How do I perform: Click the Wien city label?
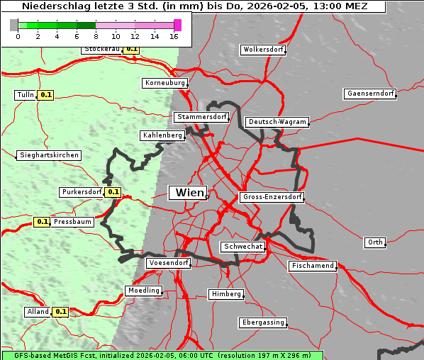click(188, 193)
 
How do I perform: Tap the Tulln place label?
click(25, 95)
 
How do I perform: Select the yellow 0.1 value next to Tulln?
click(46, 95)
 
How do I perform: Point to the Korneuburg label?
click(165, 83)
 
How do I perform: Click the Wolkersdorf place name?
click(263, 50)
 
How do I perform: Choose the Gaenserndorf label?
click(369, 94)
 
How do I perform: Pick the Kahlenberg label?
click(162, 135)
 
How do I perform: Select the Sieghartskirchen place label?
click(49, 155)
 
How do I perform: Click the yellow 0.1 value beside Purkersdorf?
click(113, 192)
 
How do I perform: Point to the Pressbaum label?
click(73, 222)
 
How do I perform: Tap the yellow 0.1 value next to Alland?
click(61, 311)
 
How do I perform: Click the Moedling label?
click(144, 291)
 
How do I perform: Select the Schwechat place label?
click(243, 247)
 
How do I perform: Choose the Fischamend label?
click(312, 266)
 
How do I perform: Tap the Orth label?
click(375, 242)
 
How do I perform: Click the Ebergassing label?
click(262, 322)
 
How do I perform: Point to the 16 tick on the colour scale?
click(174, 36)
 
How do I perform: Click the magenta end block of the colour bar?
click(177, 26)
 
